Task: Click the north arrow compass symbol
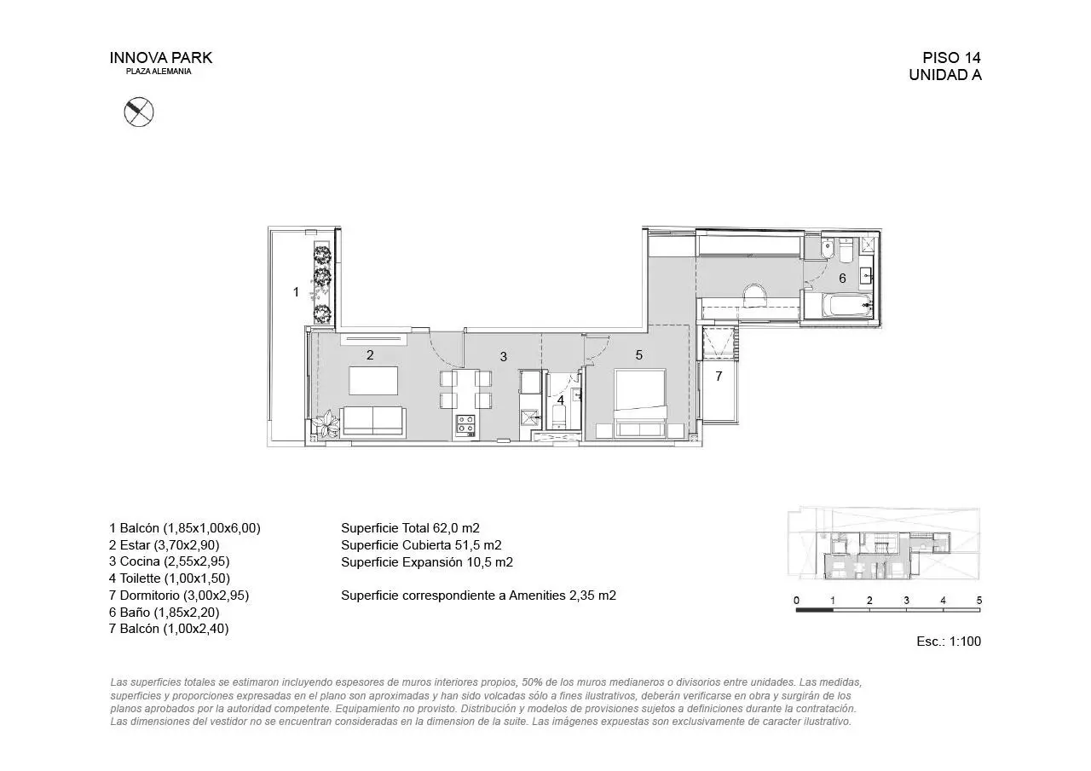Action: point(139,112)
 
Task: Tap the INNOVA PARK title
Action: point(161,58)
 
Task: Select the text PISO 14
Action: point(951,58)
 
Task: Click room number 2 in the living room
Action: point(370,355)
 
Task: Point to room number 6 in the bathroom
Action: point(842,279)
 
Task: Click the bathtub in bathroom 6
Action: point(847,305)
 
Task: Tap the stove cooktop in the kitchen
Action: point(465,424)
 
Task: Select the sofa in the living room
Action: point(373,421)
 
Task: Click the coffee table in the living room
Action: point(373,381)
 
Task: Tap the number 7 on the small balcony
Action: point(719,377)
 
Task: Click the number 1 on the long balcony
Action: point(296,292)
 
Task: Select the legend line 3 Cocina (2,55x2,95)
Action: point(169,561)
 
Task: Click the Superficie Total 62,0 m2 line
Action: point(410,528)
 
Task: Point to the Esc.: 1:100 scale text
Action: point(949,642)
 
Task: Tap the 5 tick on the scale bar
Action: point(979,600)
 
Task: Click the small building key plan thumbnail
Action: point(884,544)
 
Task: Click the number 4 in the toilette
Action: point(561,400)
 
